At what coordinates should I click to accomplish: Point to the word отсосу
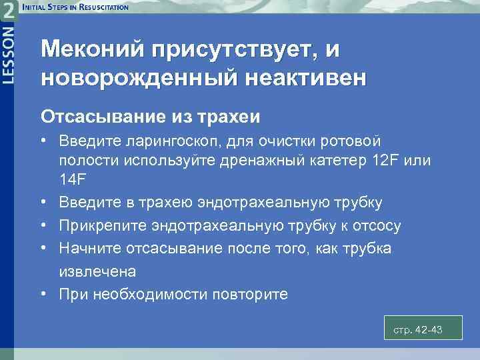377,225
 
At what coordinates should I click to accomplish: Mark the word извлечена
97,271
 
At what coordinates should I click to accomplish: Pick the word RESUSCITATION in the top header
99,7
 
